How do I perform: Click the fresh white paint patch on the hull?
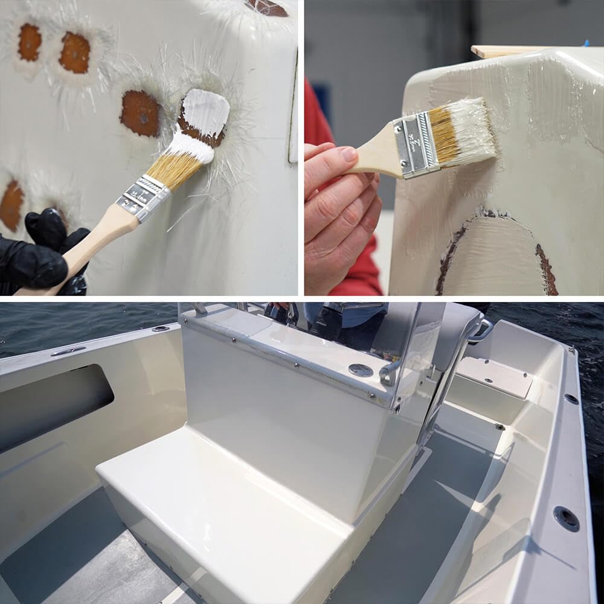207,111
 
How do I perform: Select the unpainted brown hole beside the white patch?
140,113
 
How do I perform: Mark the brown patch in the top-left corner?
29,42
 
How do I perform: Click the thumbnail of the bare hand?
350,154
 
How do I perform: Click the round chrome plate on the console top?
361,370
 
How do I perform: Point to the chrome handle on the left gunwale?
68,351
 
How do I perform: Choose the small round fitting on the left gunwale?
161,329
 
